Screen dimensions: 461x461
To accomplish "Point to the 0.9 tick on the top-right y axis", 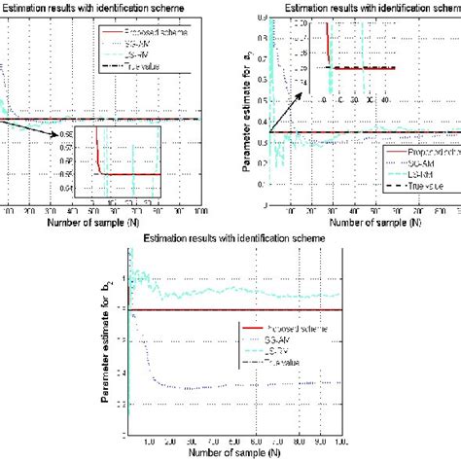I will (x=260, y=18).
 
